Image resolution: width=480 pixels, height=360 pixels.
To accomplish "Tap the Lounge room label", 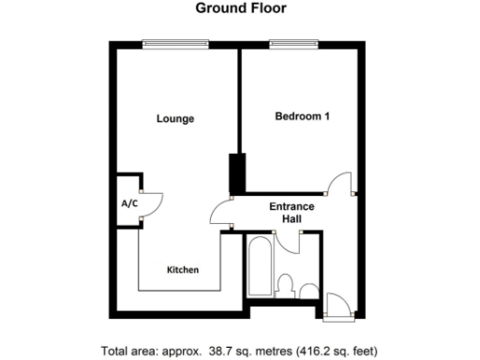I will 174,119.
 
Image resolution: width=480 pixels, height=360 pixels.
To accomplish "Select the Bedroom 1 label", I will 301,116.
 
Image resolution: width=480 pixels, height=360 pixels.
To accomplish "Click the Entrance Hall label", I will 292,213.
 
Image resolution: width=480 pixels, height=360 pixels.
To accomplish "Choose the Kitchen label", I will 183,270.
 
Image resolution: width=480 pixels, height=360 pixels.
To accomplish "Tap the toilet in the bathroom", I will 289,284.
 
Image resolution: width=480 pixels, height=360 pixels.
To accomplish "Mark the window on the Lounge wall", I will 175,43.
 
